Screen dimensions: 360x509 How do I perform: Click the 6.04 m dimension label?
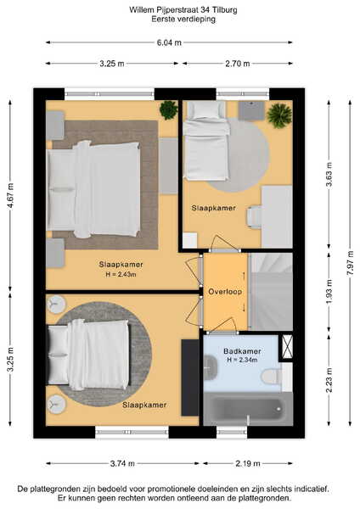(x=169, y=42)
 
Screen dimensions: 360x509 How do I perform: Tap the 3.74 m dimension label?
(x=122, y=463)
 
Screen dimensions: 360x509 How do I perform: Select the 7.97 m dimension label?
(x=351, y=264)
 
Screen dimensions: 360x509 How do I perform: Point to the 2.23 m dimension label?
(x=329, y=380)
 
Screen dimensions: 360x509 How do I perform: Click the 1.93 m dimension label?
(x=329, y=292)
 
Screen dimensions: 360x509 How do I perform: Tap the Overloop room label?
(x=225, y=292)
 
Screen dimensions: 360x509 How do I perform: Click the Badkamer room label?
(x=242, y=351)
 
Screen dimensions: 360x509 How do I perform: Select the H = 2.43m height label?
(x=121, y=274)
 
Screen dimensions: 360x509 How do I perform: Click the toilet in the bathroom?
(x=272, y=377)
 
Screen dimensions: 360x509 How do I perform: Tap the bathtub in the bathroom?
(x=248, y=409)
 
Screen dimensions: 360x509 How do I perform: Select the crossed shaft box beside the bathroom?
(x=287, y=347)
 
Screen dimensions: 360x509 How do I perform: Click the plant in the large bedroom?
(x=169, y=110)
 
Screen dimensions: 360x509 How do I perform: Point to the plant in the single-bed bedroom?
(x=279, y=115)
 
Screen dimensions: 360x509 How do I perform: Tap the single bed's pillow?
(x=206, y=109)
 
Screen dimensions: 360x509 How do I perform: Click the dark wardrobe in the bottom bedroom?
(x=190, y=378)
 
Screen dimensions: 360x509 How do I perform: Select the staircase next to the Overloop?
(x=271, y=292)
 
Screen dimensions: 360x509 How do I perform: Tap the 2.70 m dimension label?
(x=238, y=64)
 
